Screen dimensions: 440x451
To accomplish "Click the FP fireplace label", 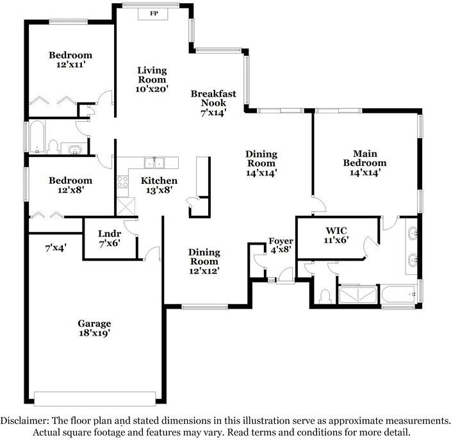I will click(154, 13).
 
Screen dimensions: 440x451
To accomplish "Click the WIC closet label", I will click(336, 234).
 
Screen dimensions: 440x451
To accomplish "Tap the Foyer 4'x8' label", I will click(281, 245).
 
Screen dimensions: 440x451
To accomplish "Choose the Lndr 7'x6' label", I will click(110, 238).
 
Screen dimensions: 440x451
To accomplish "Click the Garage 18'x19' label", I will click(95, 328).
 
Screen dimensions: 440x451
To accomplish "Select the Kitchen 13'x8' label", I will click(159, 185).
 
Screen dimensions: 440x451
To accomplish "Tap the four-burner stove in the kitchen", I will click(122, 181).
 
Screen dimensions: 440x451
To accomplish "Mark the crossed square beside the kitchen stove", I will click(124, 205).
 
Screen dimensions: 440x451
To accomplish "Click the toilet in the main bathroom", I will click(325, 295).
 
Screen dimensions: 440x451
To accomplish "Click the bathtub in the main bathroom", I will click(400, 295).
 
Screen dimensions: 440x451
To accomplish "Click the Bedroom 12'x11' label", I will click(70, 60).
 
